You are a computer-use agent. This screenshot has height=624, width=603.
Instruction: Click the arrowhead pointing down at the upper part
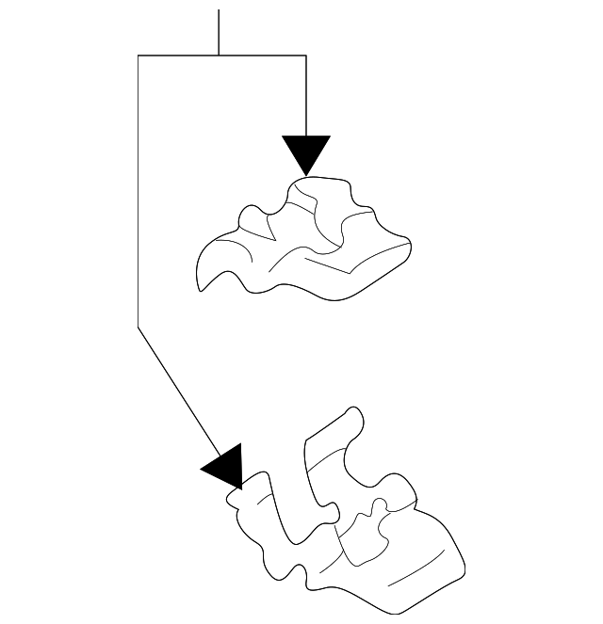[x=306, y=152]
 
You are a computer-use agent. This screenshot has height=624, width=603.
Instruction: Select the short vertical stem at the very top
[x=219, y=32]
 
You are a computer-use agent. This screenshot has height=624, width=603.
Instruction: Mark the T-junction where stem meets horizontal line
[x=219, y=56]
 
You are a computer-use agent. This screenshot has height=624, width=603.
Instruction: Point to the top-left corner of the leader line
[x=139, y=56]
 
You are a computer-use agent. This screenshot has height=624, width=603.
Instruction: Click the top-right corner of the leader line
[x=306, y=56]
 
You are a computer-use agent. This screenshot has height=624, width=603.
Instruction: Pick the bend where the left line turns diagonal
[x=139, y=327]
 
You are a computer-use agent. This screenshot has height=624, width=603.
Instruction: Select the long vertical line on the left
[x=139, y=188]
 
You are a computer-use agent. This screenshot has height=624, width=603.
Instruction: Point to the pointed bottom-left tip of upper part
[x=200, y=289]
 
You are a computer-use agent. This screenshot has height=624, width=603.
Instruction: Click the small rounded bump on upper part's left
[x=249, y=216]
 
